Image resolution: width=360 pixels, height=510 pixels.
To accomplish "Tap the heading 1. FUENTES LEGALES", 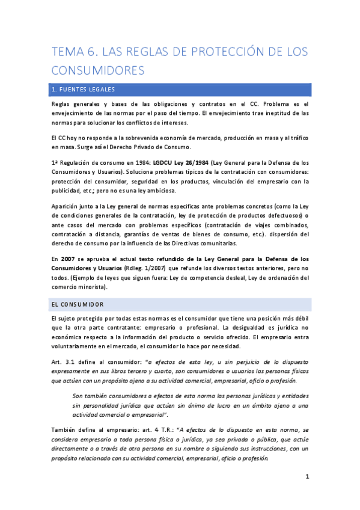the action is coord(84,90).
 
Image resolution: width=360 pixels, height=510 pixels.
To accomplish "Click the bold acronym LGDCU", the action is coord(164,163).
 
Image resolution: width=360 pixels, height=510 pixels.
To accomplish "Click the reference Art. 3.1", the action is coord(64,361).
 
